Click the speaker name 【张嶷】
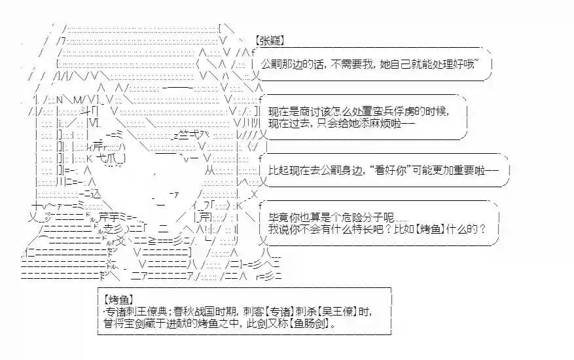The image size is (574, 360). (x=269, y=40)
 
